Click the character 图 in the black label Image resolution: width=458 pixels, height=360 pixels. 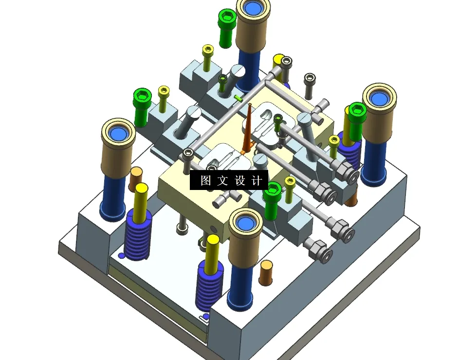205,180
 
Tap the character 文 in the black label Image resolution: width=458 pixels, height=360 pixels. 222,180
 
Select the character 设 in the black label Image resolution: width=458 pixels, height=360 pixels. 239,180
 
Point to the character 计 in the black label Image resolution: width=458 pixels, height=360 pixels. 256,180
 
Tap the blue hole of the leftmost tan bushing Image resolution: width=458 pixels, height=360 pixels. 118,134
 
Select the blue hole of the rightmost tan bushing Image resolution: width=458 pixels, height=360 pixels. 380,99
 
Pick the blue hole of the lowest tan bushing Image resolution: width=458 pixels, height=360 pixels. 245,224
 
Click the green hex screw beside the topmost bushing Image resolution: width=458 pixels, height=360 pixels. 227,28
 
